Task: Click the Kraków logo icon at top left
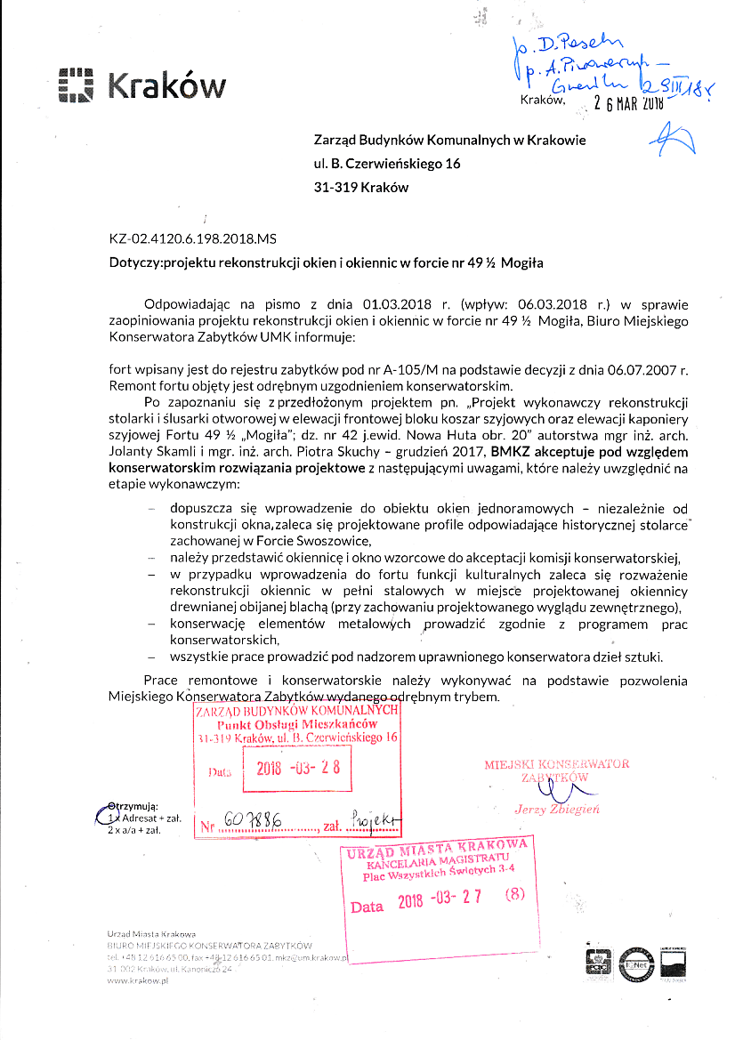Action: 76,86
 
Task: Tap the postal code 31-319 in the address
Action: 335,188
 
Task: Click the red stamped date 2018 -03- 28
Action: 298,767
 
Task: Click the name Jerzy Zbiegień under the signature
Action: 557,809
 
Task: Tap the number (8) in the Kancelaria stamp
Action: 516,897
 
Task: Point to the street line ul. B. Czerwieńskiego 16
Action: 387,164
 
